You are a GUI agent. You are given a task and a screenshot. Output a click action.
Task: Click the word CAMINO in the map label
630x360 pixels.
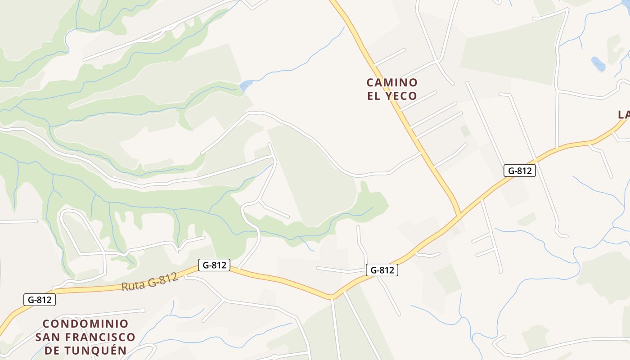click(392, 83)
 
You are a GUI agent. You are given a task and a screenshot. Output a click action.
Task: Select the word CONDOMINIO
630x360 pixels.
click(85, 324)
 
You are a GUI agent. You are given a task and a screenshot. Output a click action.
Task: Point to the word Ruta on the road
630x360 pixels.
click(134, 284)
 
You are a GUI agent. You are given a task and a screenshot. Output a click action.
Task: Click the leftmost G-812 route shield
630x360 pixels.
click(40, 300)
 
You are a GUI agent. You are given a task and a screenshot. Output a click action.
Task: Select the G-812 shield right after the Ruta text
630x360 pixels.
click(214, 265)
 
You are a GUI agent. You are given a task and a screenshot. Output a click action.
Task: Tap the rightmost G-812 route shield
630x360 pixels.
click(520, 171)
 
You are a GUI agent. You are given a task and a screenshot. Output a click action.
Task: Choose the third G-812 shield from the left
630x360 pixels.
click(382, 270)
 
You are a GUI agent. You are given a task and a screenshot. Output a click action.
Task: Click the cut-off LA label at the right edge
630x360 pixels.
click(624, 115)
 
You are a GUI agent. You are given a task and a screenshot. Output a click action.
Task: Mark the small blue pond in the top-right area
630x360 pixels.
click(598, 64)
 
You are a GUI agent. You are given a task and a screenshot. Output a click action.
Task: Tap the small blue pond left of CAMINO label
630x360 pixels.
click(246, 85)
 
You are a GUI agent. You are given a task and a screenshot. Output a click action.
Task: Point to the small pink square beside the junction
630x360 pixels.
click(456, 231)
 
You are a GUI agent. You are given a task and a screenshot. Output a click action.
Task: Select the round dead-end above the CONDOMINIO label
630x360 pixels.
click(143, 310)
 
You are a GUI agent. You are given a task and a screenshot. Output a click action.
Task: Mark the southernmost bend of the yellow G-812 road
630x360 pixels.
click(332, 297)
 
